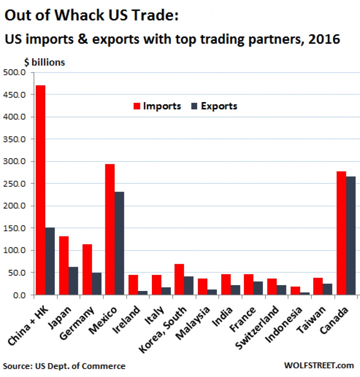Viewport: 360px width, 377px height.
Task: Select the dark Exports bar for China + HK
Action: [x=50, y=261]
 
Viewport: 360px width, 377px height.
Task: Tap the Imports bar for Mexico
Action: [x=110, y=229]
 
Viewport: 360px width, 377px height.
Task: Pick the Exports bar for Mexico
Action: [x=119, y=243]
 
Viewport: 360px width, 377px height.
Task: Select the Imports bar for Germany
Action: [x=87, y=269]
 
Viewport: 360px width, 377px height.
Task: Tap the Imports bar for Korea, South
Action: [x=179, y=279]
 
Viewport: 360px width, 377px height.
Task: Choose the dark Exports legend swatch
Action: [x=194, y=106]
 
